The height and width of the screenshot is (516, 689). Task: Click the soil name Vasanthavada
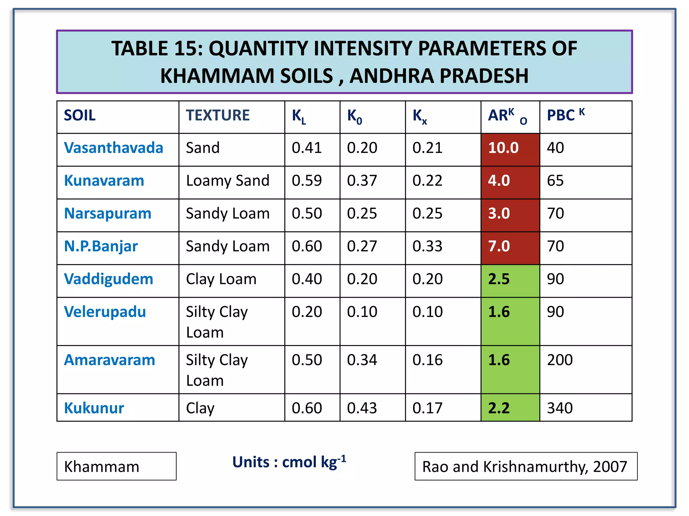(113, 148)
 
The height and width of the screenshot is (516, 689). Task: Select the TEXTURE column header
(218, 115)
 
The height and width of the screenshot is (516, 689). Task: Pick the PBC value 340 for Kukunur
(560, 408)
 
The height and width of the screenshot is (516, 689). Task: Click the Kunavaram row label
(104, 181)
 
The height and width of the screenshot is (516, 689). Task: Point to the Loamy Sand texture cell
(228, 181)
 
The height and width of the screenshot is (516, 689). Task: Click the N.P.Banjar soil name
(101, 246)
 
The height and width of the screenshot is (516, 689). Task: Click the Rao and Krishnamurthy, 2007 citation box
(525, 466)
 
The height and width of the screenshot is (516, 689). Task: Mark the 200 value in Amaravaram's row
(560, 360)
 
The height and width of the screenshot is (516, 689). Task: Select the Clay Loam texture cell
(221, 279)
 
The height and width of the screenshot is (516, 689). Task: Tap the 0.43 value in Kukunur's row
(362, 408)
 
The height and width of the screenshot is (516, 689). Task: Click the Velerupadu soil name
(105, 312)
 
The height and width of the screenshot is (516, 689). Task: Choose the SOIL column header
(80, 115)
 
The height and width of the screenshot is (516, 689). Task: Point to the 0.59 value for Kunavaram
(306, 181)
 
